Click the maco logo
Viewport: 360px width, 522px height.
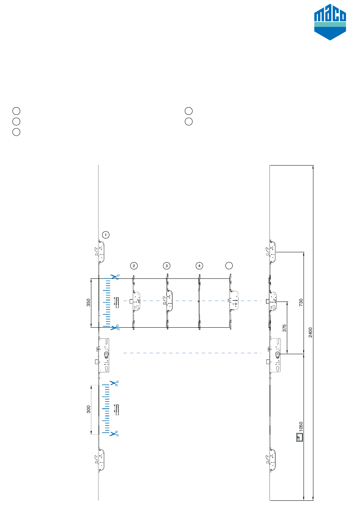(x=330, y=22)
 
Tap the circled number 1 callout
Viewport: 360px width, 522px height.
(x=106, y=234)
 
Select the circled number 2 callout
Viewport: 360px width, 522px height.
(x=134, y=266)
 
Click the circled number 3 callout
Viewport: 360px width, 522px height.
(x=166, y=266)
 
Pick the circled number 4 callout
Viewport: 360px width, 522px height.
(x=199, y=266)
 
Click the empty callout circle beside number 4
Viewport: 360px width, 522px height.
(x=229, y=266)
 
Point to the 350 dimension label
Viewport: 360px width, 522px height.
(x=88, y=303)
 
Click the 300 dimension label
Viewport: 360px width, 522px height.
(x=88, y=409)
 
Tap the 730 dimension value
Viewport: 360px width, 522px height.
(x=301, y=302)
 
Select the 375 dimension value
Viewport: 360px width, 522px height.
(x=284, y=328)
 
